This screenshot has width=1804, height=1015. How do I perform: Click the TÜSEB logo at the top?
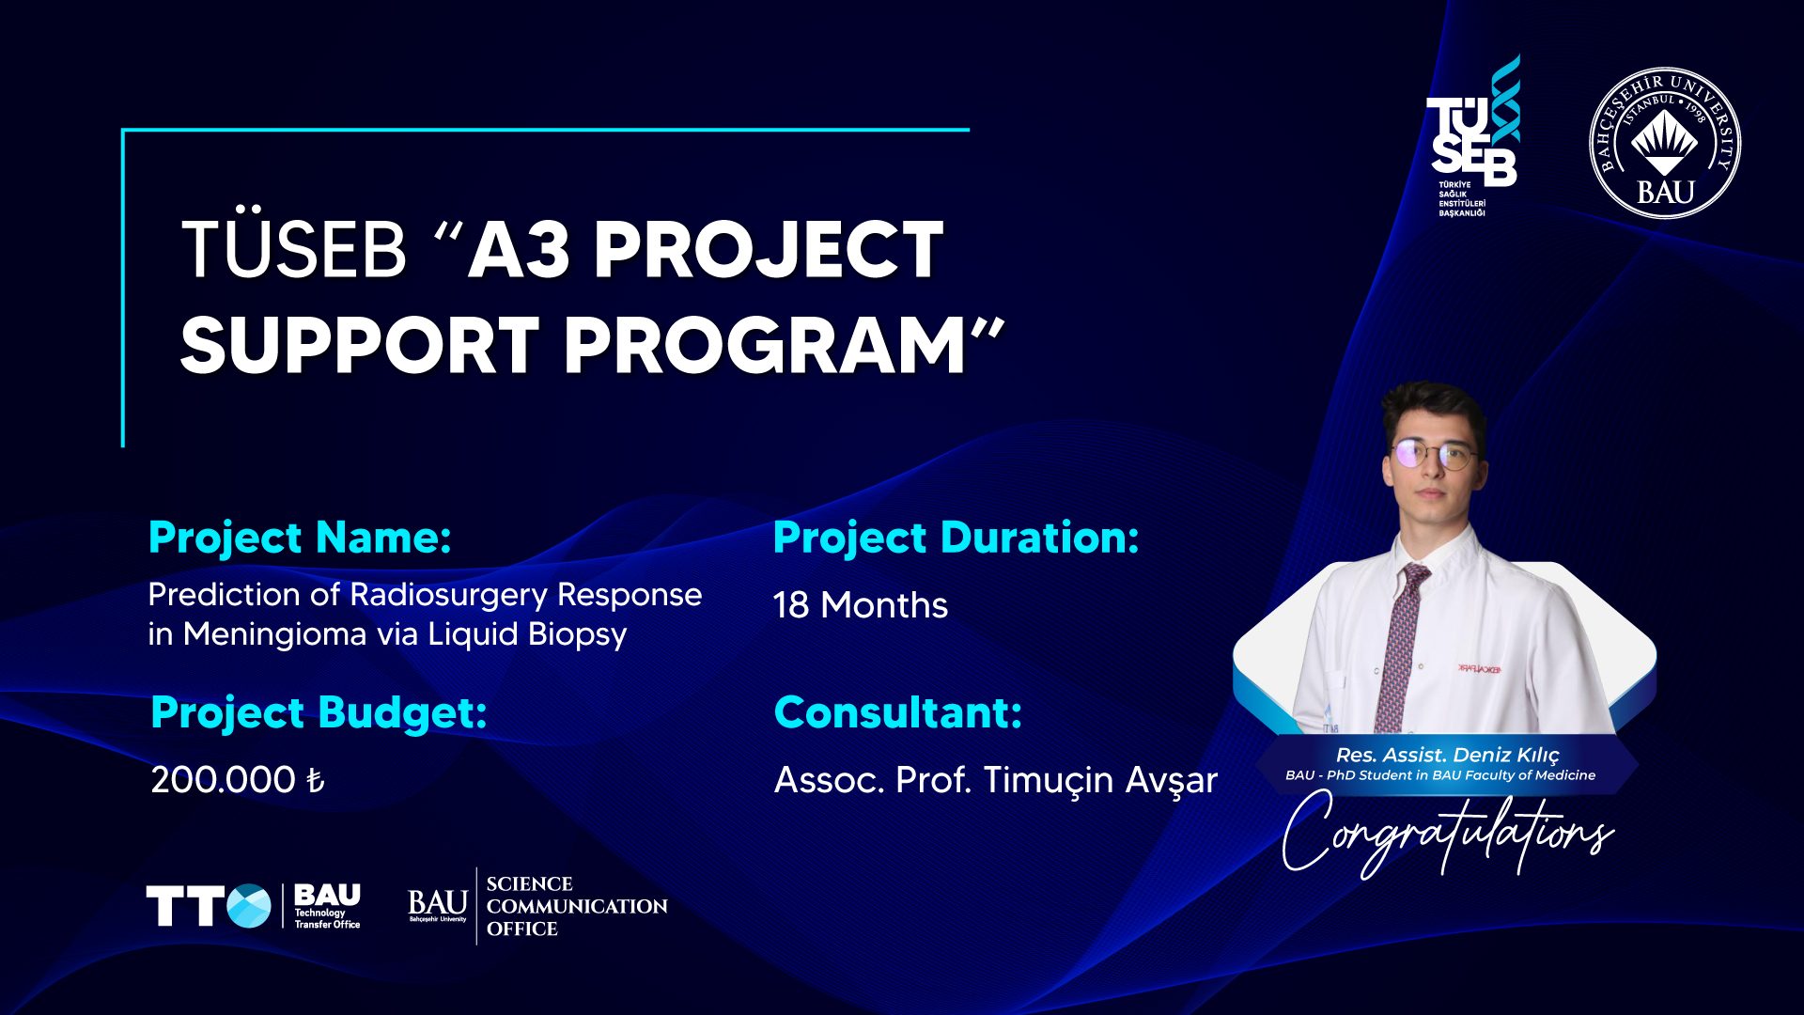(x=1472, y=136)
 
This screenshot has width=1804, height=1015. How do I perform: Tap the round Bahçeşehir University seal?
(x=1664, y=143)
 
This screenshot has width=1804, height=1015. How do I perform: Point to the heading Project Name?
(x=300, y=539)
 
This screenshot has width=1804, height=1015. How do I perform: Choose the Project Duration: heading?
(x=956, y=539)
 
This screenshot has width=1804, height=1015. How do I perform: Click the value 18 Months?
(x=860, y=605)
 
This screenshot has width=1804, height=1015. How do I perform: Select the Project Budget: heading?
(x=319, y=712)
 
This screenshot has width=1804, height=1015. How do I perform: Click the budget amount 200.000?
(x=224, y=780)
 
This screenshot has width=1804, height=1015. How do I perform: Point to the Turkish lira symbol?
(x=316, y=780)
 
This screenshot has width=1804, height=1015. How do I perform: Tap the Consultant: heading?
(x=897, y=712)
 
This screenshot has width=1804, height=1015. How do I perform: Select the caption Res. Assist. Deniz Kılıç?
(x=1447, y=755)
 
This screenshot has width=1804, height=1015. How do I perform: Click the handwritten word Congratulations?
(x=1447, y=832)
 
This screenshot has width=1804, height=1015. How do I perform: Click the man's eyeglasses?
(x=1435, y=455)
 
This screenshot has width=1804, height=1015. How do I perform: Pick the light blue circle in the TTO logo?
(x=249, y=906)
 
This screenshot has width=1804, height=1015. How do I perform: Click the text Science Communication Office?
(x=577, y=907)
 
